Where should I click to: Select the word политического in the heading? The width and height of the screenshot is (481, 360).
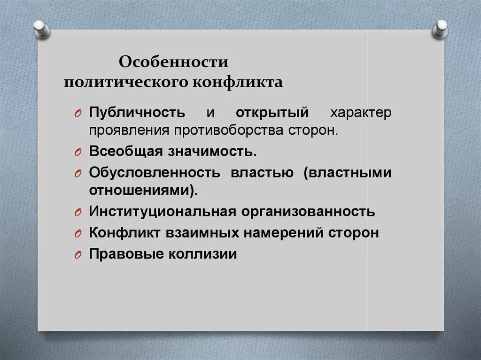pos(127,83)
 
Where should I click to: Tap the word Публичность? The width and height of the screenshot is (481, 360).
pos(137,113)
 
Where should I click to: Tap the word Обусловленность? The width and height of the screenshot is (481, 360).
pos(155,173)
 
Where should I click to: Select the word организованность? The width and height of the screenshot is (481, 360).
pos(309,211)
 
